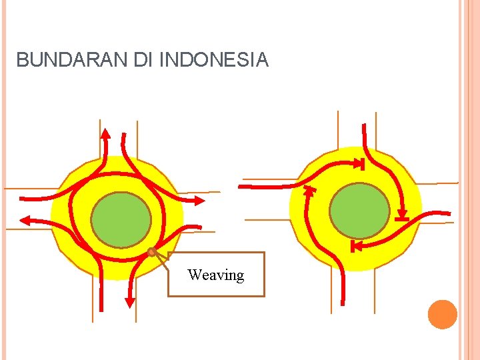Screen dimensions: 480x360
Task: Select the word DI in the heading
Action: tap(143, 61)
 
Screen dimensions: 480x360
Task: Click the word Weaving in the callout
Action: tap(215, 275)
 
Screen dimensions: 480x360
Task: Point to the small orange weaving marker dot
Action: tap(151, 252)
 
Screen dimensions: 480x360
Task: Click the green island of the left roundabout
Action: tap(121, 219)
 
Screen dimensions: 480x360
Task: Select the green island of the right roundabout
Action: tap(359, 211)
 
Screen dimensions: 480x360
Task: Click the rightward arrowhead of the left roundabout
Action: tap(200, 199)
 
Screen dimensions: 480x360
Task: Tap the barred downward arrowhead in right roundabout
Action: tap(401, 216)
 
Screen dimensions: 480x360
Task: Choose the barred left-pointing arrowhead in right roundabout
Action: tap(355, 246)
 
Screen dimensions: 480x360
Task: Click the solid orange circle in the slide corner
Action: tap(443, 314)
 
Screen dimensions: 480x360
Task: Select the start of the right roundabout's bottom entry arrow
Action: tap(343, 303)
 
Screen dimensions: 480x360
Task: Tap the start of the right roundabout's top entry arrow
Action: tap(364, 125)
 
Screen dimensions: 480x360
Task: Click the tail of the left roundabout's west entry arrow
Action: tap(21, 198)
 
